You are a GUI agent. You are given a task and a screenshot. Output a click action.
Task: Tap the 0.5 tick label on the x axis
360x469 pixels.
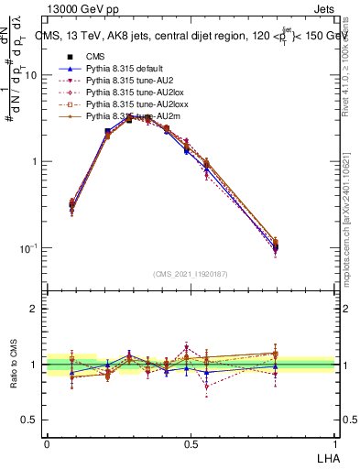tap(191, 443)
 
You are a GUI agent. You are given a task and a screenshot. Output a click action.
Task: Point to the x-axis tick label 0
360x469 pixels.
tap(47, 443)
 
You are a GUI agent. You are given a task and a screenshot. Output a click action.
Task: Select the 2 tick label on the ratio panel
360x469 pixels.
tap(36, 309)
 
